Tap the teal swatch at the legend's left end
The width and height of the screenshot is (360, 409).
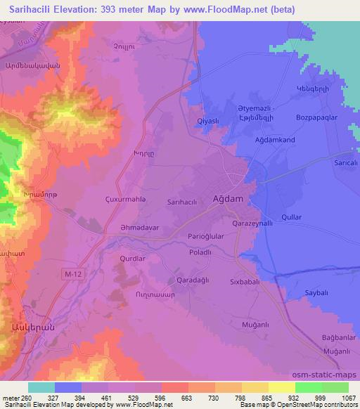coord(41,387)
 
